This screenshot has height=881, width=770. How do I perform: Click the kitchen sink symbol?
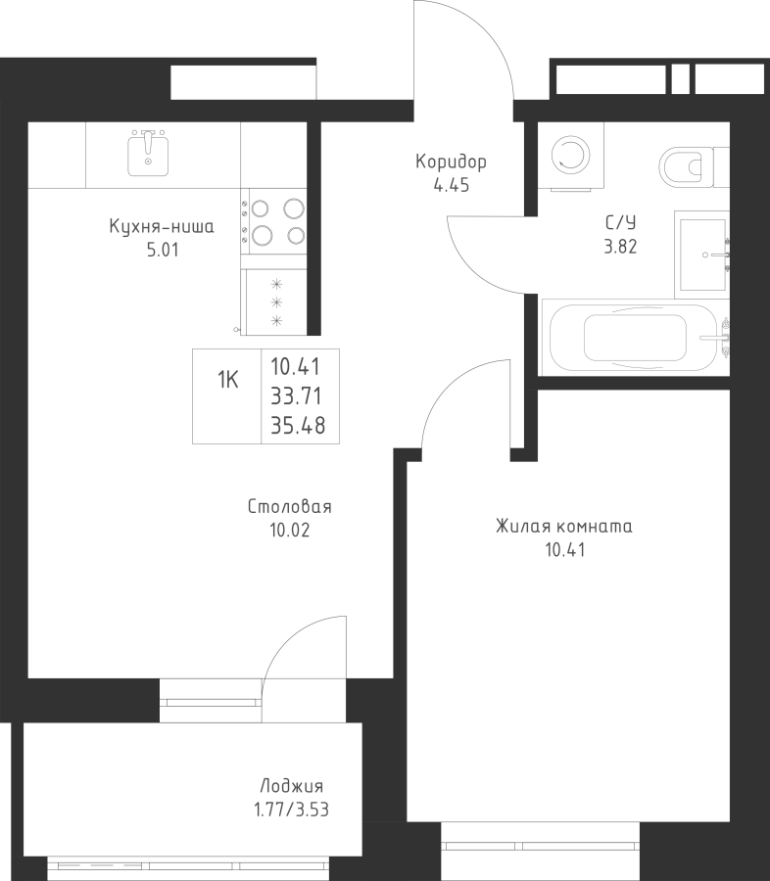point(149,153)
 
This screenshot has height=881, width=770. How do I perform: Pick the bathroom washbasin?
point(703,255)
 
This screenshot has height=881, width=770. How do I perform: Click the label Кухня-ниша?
point(162,227)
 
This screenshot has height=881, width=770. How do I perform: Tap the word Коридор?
point(451,162)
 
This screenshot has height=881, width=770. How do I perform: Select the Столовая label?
point(290,507)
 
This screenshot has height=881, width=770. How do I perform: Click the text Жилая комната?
point(564,527)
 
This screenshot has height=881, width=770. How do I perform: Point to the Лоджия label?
point(291,786)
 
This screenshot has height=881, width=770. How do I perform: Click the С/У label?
point(620,223)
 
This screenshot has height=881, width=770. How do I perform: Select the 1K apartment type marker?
point(228,381)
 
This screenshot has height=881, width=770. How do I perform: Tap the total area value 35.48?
point(298,426)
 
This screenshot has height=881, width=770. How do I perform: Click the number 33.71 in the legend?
point(297,396)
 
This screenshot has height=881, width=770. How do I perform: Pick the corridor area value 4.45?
point(451,185)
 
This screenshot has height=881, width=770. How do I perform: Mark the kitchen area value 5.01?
point(163,250)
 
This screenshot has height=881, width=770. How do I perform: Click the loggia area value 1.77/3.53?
point(291,811)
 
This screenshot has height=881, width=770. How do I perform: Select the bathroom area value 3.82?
point(620,247)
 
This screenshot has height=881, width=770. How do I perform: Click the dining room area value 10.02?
point(290,531)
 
